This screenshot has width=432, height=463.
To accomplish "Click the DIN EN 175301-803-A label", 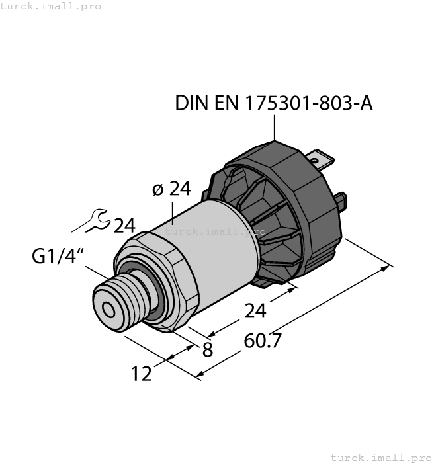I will (273, 104).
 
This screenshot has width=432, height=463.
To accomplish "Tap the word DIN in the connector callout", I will (191, 104).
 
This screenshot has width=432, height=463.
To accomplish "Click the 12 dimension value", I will (142, 374).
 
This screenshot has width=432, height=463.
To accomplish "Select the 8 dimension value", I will (208, 351).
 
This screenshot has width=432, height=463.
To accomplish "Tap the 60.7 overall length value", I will (263, 341).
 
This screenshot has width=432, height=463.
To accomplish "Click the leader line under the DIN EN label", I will (274, 127).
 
